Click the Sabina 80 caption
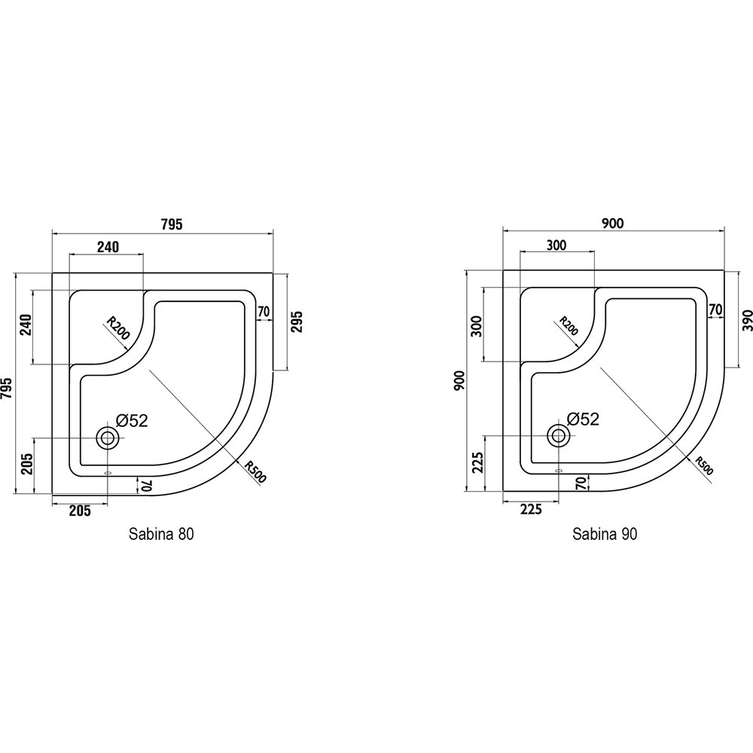point(161,534)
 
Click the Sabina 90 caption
point(605,534)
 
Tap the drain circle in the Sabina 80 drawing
point(107,438)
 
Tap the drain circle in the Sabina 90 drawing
point(559,435)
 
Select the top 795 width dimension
point(172,224)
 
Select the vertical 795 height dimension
point(7,388)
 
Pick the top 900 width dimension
point(612,223)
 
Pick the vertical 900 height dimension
point(459,381)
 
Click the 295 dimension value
point(297,322)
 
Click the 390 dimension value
point(748,320)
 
